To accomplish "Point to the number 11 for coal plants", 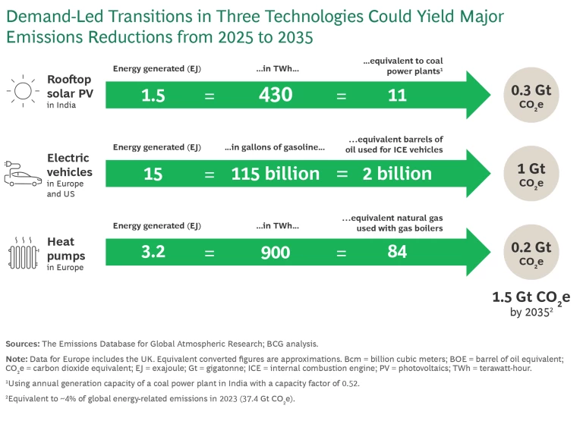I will pos(397,96).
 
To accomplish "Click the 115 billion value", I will pos(275,174).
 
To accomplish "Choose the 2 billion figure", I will pos(397,174).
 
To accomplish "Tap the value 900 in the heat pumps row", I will pos(275,252).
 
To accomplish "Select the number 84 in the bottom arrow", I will pos(397,252).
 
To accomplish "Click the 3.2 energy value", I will pos(153,252).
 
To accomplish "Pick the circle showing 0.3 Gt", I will pos(531,96).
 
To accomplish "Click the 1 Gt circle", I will pos(531,174).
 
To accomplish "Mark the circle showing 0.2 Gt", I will pos(531,252).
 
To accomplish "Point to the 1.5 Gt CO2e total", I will pos(531,297).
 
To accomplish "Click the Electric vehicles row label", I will pos(68,165).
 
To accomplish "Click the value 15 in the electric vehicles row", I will pos(153,174).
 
